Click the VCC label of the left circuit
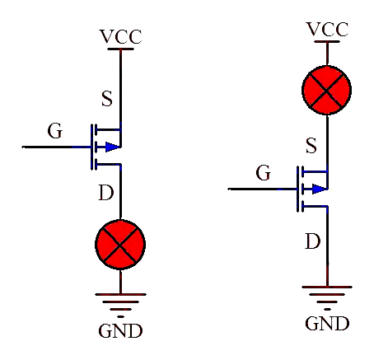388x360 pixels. pyautogui.click(x=120, y=36)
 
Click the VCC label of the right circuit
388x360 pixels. pyautogui.click(x=327, y=29)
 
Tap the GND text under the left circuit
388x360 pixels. pyautogui.click(x=120, y=330)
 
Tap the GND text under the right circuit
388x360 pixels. pyautogui.click(x=327, y=323)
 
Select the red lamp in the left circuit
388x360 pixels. pyautogui.click(x=120, y=245)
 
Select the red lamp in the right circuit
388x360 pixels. pyautogui.click(x=327, y=90)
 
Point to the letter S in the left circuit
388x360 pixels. pyautogui.click(x=107, y=99)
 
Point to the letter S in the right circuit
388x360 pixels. pyautogui.click(x=311, y=146)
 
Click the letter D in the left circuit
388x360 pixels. pyautogui.click(x=106, y=193)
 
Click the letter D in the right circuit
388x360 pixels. pyautogui.click(x=313, y=241)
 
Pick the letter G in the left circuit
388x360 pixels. pyautogui.click(x=55, y=131)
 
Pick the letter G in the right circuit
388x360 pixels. pyautogui.click(x=264, y=173)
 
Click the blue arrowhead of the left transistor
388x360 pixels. pyautogui.click(x=113, y=147)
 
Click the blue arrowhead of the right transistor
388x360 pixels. pyautogui.click(x=320, y=189)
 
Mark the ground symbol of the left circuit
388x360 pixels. pyautogui.click(x=120, y=306)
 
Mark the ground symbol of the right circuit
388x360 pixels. pyautogui.click(x=327, y=298)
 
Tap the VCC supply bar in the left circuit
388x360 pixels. pyautogui.click(x=120, y=49)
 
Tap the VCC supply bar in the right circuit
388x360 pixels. pyautogui.click(x=327, y=42)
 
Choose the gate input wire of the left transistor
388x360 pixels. pyautogui.click(x=56, y=147)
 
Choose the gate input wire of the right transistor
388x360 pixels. pyautogui.click(x=263, y=189)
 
